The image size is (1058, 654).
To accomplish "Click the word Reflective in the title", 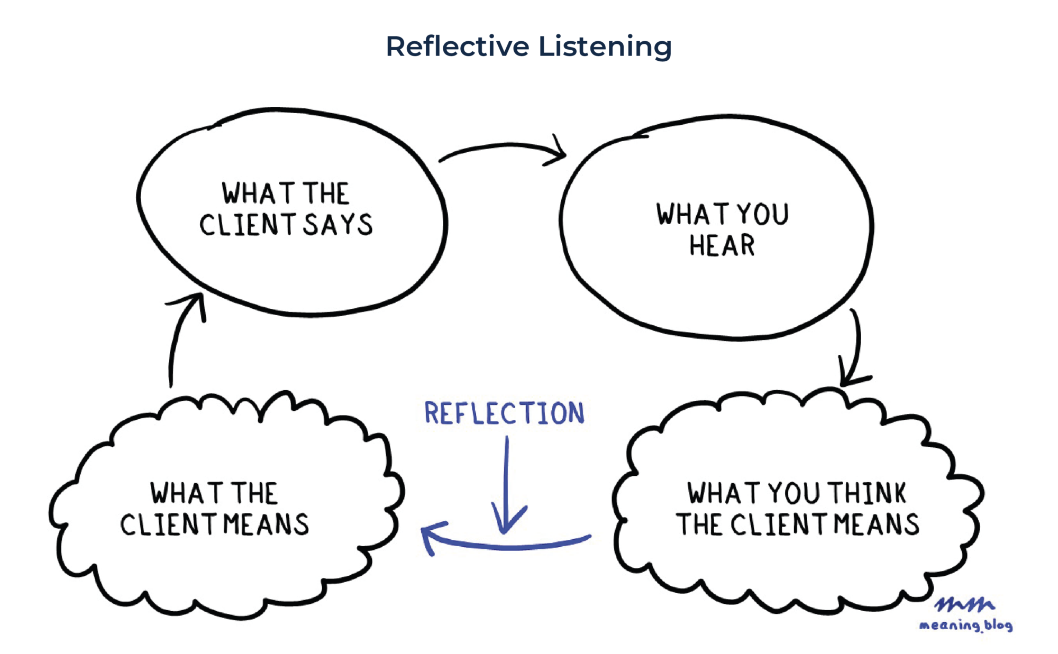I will (x=457, y=46).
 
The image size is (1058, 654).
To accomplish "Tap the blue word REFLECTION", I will (x=504, y=413).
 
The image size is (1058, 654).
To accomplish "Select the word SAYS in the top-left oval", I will (x=338, y=225).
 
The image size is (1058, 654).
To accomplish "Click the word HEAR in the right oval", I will (x=722, y=246).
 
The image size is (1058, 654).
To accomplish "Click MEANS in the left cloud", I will (x=266, y=524).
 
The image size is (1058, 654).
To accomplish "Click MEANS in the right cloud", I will (x=877, y=524).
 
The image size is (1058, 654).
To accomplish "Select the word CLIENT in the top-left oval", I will (x=247, y=225).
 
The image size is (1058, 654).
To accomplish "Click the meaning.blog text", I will (x=965, y=625).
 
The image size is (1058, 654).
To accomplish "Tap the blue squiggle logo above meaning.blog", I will (x=964, y=604).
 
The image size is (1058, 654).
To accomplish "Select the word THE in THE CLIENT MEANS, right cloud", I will (x=699, y=524).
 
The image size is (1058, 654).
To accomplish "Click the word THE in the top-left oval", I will (x=326, y=194).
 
